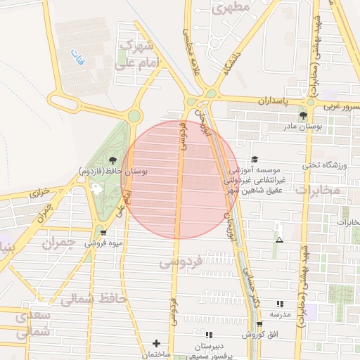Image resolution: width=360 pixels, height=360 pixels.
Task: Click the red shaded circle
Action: click(179, 179)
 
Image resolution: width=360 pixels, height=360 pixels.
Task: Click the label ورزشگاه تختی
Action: click(325, 165)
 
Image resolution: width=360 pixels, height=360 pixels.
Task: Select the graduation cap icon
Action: click(255, 160)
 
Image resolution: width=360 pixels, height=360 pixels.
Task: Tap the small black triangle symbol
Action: click(280, 240)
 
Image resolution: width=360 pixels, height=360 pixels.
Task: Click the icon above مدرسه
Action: click(280, 304)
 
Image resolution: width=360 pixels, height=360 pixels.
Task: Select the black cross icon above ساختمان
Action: click(156, 343)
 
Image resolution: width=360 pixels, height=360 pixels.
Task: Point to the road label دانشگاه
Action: click(234, 62)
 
